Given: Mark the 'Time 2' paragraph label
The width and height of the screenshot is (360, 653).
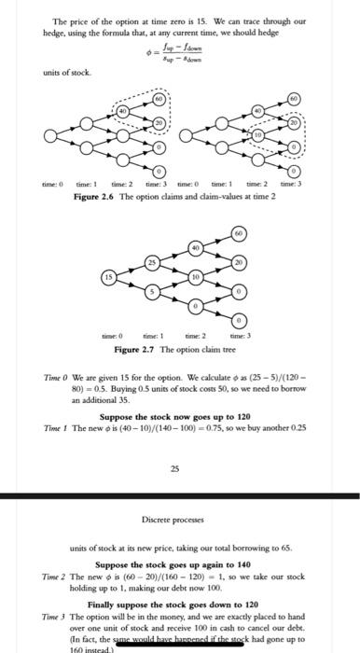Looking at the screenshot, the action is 56,580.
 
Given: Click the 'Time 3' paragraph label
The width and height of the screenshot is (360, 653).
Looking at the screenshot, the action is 56,617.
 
